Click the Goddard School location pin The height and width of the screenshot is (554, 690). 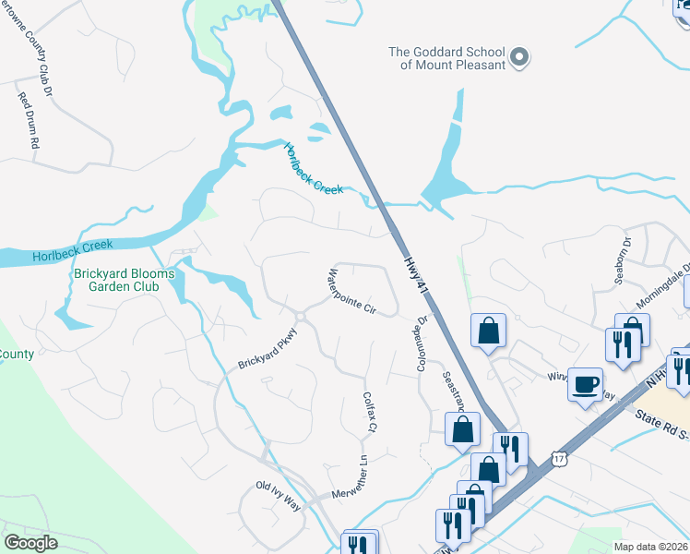[519, 58]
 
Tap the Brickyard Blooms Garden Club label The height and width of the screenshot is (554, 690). [116, 279]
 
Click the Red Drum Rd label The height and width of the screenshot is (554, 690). [28, 120]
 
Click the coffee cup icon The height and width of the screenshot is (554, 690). [585, 385]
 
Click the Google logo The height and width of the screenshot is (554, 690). [30, 542]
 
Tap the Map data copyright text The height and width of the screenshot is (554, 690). [651, 547]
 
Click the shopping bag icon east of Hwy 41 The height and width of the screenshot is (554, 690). [487, 331]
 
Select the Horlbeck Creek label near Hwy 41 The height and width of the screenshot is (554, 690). [313, 169]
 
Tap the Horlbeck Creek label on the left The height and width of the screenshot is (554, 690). [72, 250]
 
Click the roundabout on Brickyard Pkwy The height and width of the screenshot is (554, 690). [301, 317]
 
